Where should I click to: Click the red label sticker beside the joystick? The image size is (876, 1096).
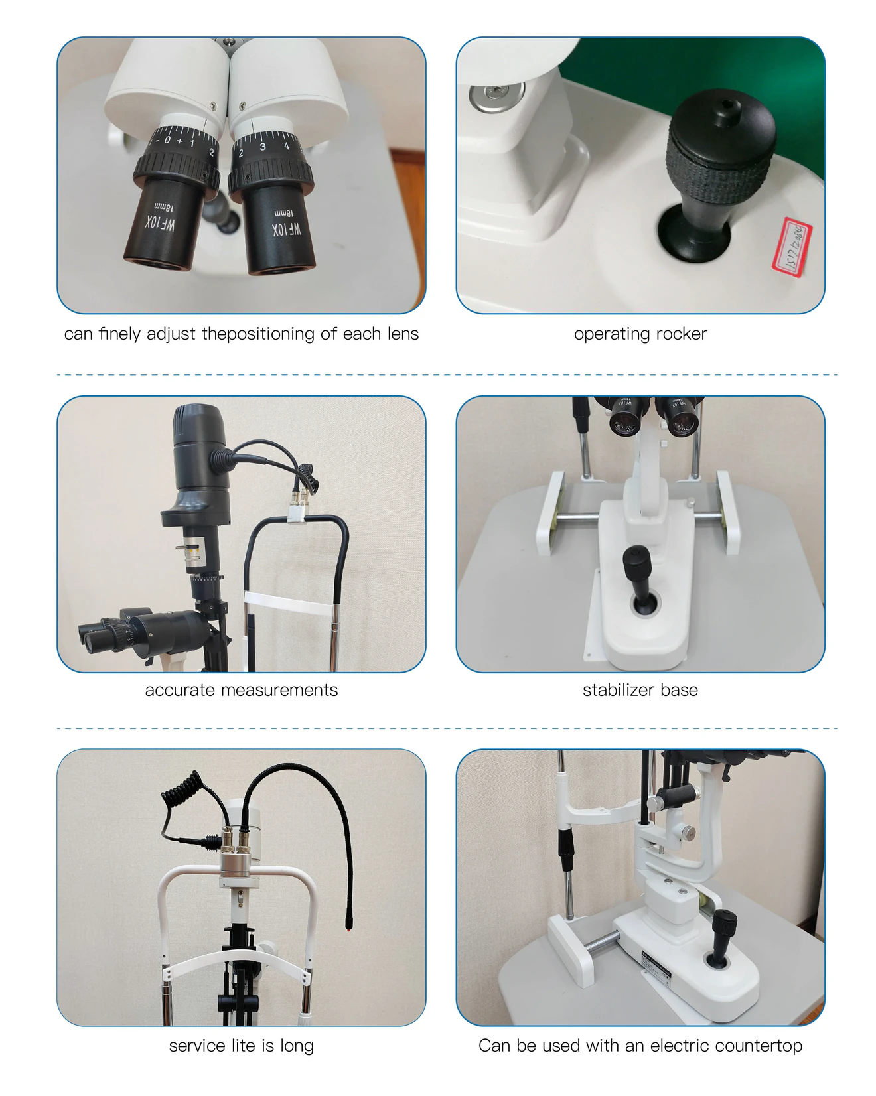pyautogui.click(x=792, y=246)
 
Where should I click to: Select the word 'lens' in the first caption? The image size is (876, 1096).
pyautogui.click(x=400, y=334)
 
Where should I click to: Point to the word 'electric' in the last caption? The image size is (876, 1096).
pyautogui.click(x=678, y=1046)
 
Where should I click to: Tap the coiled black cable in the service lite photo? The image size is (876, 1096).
pyautogui.click(x=181, y=793)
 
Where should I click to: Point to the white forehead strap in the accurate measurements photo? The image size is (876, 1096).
pyautogui.click(x=288, y=606)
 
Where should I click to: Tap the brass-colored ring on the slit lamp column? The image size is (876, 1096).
pyautogui.click(x=192, y=552)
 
